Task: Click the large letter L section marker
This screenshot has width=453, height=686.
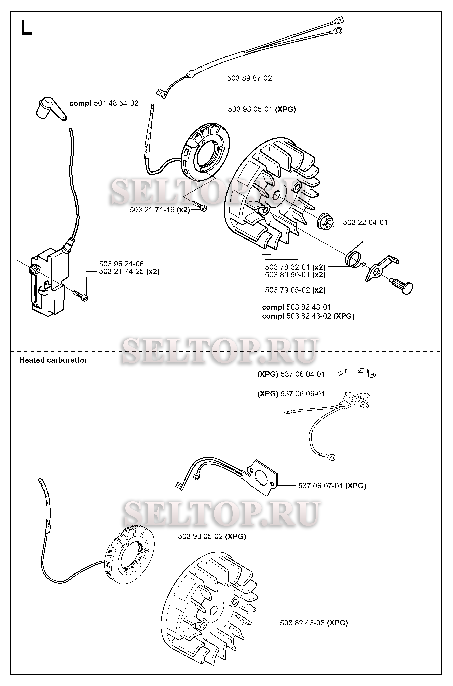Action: pos(26,29)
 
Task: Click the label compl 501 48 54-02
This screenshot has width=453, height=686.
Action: pos(104,103)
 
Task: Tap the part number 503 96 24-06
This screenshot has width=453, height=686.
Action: pos(121,264)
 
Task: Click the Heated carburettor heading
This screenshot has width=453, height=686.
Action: pos(53,360)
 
